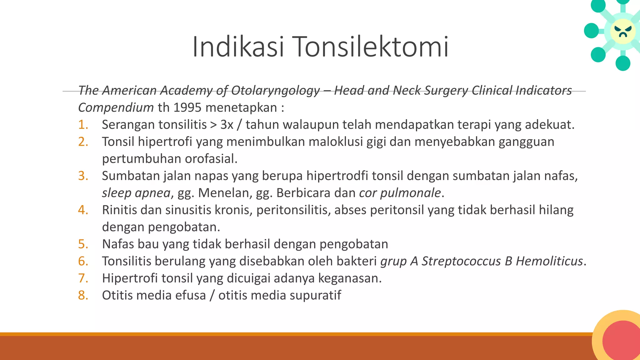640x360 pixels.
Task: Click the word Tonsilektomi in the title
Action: click(371, 47)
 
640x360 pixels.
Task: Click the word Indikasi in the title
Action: click(238, 47)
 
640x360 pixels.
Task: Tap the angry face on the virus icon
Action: click(623, 31)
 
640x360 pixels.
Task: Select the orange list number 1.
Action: click(83, 125)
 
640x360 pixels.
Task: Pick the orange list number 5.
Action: click(83, 244)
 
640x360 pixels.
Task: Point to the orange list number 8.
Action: click(83, 295)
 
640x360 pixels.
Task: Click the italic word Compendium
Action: click(116, 107)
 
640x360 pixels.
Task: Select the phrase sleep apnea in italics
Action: click(136, 193)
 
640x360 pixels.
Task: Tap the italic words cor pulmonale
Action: click(400, 193)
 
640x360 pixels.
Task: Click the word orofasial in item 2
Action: click(211, 159)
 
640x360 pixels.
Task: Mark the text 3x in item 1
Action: click(227, 125)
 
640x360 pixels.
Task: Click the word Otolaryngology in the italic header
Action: click(275, 90)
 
